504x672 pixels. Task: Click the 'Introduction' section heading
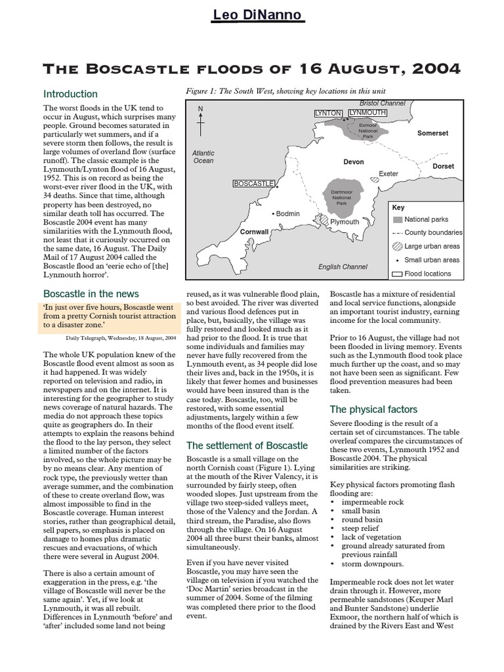pos(70,94)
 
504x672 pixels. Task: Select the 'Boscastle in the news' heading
pos(91,293)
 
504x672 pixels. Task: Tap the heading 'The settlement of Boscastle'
pos(247,446)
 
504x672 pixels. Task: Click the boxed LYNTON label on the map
pos(329,114)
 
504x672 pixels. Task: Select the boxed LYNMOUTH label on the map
pos(367,113)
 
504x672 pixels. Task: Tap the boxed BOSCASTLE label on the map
pos(253,184)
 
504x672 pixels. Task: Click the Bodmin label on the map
pos(287,214)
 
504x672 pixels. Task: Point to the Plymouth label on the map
pos(345,222)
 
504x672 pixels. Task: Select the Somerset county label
pos(432,133)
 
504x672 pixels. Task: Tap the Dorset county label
pos(443,166)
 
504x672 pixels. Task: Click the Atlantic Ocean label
pos(203,156)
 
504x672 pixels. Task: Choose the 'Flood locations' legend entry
pos(427,274)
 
